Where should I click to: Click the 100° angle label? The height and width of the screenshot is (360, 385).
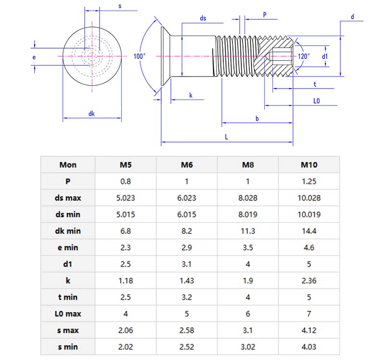[140, 56]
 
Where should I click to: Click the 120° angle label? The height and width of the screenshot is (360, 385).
[304, 56]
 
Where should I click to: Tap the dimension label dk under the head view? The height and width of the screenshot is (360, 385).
[91, 114]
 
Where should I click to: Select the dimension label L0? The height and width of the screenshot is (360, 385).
[317, 102]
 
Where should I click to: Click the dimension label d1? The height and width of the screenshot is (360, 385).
[325, 56]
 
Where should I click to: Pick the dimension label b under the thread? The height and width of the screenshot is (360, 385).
[257, 118]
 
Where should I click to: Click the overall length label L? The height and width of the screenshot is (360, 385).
[226, 137]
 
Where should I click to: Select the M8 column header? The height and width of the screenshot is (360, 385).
[248, 165]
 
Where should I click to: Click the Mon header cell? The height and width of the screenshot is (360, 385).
[68, 165]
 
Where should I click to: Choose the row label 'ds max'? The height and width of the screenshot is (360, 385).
[68, 198]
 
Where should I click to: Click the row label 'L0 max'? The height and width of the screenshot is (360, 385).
[68, 314]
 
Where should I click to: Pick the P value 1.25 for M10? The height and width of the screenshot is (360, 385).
[309, 181]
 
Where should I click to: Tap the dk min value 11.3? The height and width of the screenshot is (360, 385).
[248, 231]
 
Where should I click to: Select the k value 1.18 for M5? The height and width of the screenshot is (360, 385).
[126, 281]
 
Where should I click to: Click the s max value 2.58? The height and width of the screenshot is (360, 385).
[187, 330]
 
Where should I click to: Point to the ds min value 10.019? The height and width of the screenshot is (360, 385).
[309, 214]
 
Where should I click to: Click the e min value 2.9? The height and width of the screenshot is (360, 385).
[187, 247]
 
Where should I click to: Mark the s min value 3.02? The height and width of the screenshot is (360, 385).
[248, 347]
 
